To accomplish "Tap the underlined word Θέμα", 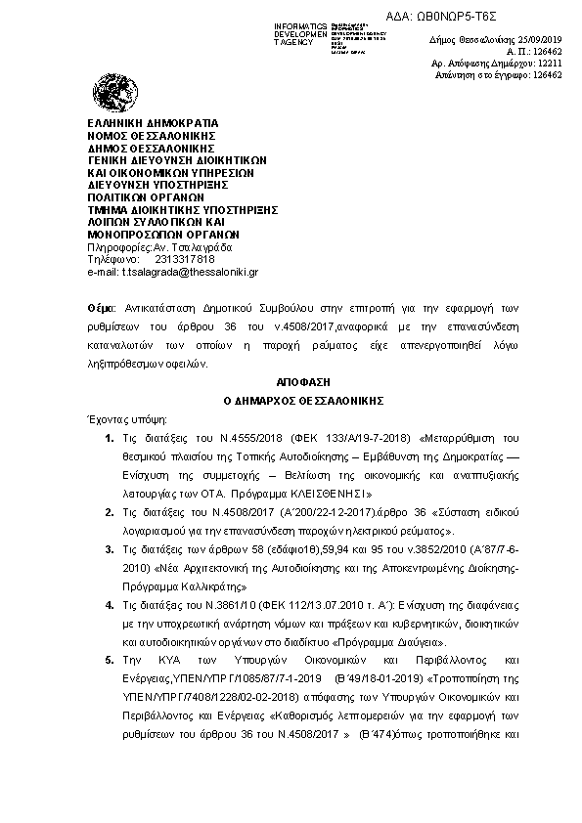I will tap(100, 308).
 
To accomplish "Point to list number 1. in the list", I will tap(109, 435).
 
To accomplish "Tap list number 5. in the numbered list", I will tap(109, 661).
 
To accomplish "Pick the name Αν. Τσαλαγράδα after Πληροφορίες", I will tap(186, 246).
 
